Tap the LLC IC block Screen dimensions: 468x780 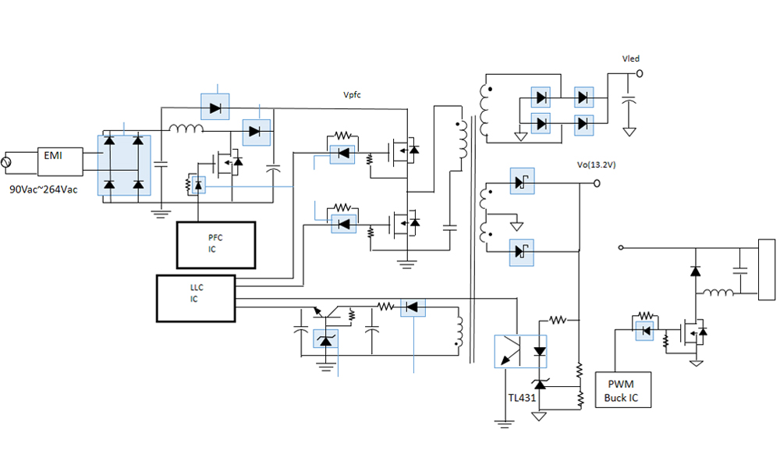196,298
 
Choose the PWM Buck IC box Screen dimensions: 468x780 622,389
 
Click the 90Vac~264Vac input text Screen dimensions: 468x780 43,190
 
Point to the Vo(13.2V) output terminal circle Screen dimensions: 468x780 597,183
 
